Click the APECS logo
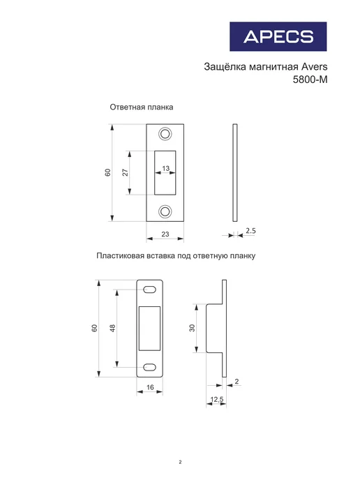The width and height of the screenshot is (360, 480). tap(278, 36)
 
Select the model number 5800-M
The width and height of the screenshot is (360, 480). tap(310, 80)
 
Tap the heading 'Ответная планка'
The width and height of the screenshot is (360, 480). tap(142, 107)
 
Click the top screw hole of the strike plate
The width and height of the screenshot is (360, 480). tap(165, 134)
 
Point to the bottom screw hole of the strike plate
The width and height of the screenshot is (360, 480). tap(165, 211)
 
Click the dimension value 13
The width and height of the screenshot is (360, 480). tap(165, 168)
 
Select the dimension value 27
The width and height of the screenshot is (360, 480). tap(126, 172)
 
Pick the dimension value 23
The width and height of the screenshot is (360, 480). tap(165, 234)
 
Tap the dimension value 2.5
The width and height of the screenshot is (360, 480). tap(250, 231)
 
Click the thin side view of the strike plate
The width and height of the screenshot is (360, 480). tap(235, 172)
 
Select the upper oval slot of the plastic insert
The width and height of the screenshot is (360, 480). tap(150, 290)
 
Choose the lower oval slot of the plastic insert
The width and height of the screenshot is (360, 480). tap(150, 367)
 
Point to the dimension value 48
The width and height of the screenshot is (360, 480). tap(112, 328)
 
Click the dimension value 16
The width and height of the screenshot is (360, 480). tap(150, 387)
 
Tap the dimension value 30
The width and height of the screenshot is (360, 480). tap(192, 328)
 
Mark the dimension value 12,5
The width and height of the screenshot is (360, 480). tap(217, 400)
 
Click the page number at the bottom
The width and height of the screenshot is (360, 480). tap(180, 462)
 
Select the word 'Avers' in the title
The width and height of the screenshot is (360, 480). tap(315, 67)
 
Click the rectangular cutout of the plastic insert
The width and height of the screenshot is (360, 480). tap(150, 328)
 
